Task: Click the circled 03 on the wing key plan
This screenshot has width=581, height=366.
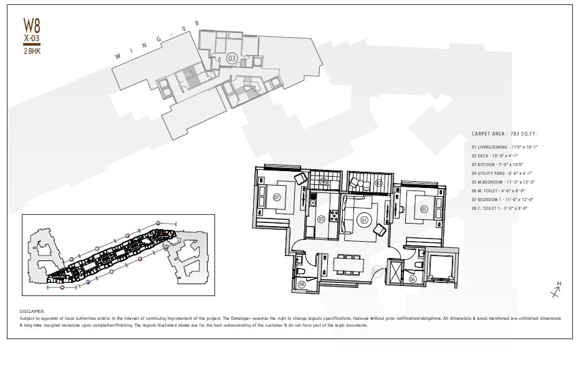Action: pos(231,58)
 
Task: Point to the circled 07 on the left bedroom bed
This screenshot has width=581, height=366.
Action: pos(276,198)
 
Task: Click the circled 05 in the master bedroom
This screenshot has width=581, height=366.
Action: pos(424,209)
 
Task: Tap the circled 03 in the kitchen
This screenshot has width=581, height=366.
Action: pos(322,219)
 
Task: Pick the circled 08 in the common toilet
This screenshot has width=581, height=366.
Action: pos(302,284)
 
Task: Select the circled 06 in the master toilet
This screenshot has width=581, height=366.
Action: pos(413,280)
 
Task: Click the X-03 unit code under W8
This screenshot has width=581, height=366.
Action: pos(32,38)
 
